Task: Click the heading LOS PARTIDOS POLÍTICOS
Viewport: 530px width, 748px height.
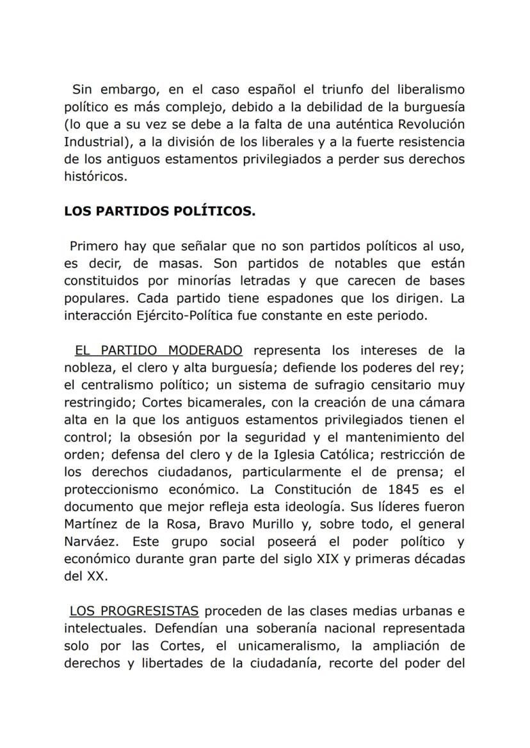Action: [159, 212]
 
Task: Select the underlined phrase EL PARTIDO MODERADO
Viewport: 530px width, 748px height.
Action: [158, 350]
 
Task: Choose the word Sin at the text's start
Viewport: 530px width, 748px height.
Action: [81, 88]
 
